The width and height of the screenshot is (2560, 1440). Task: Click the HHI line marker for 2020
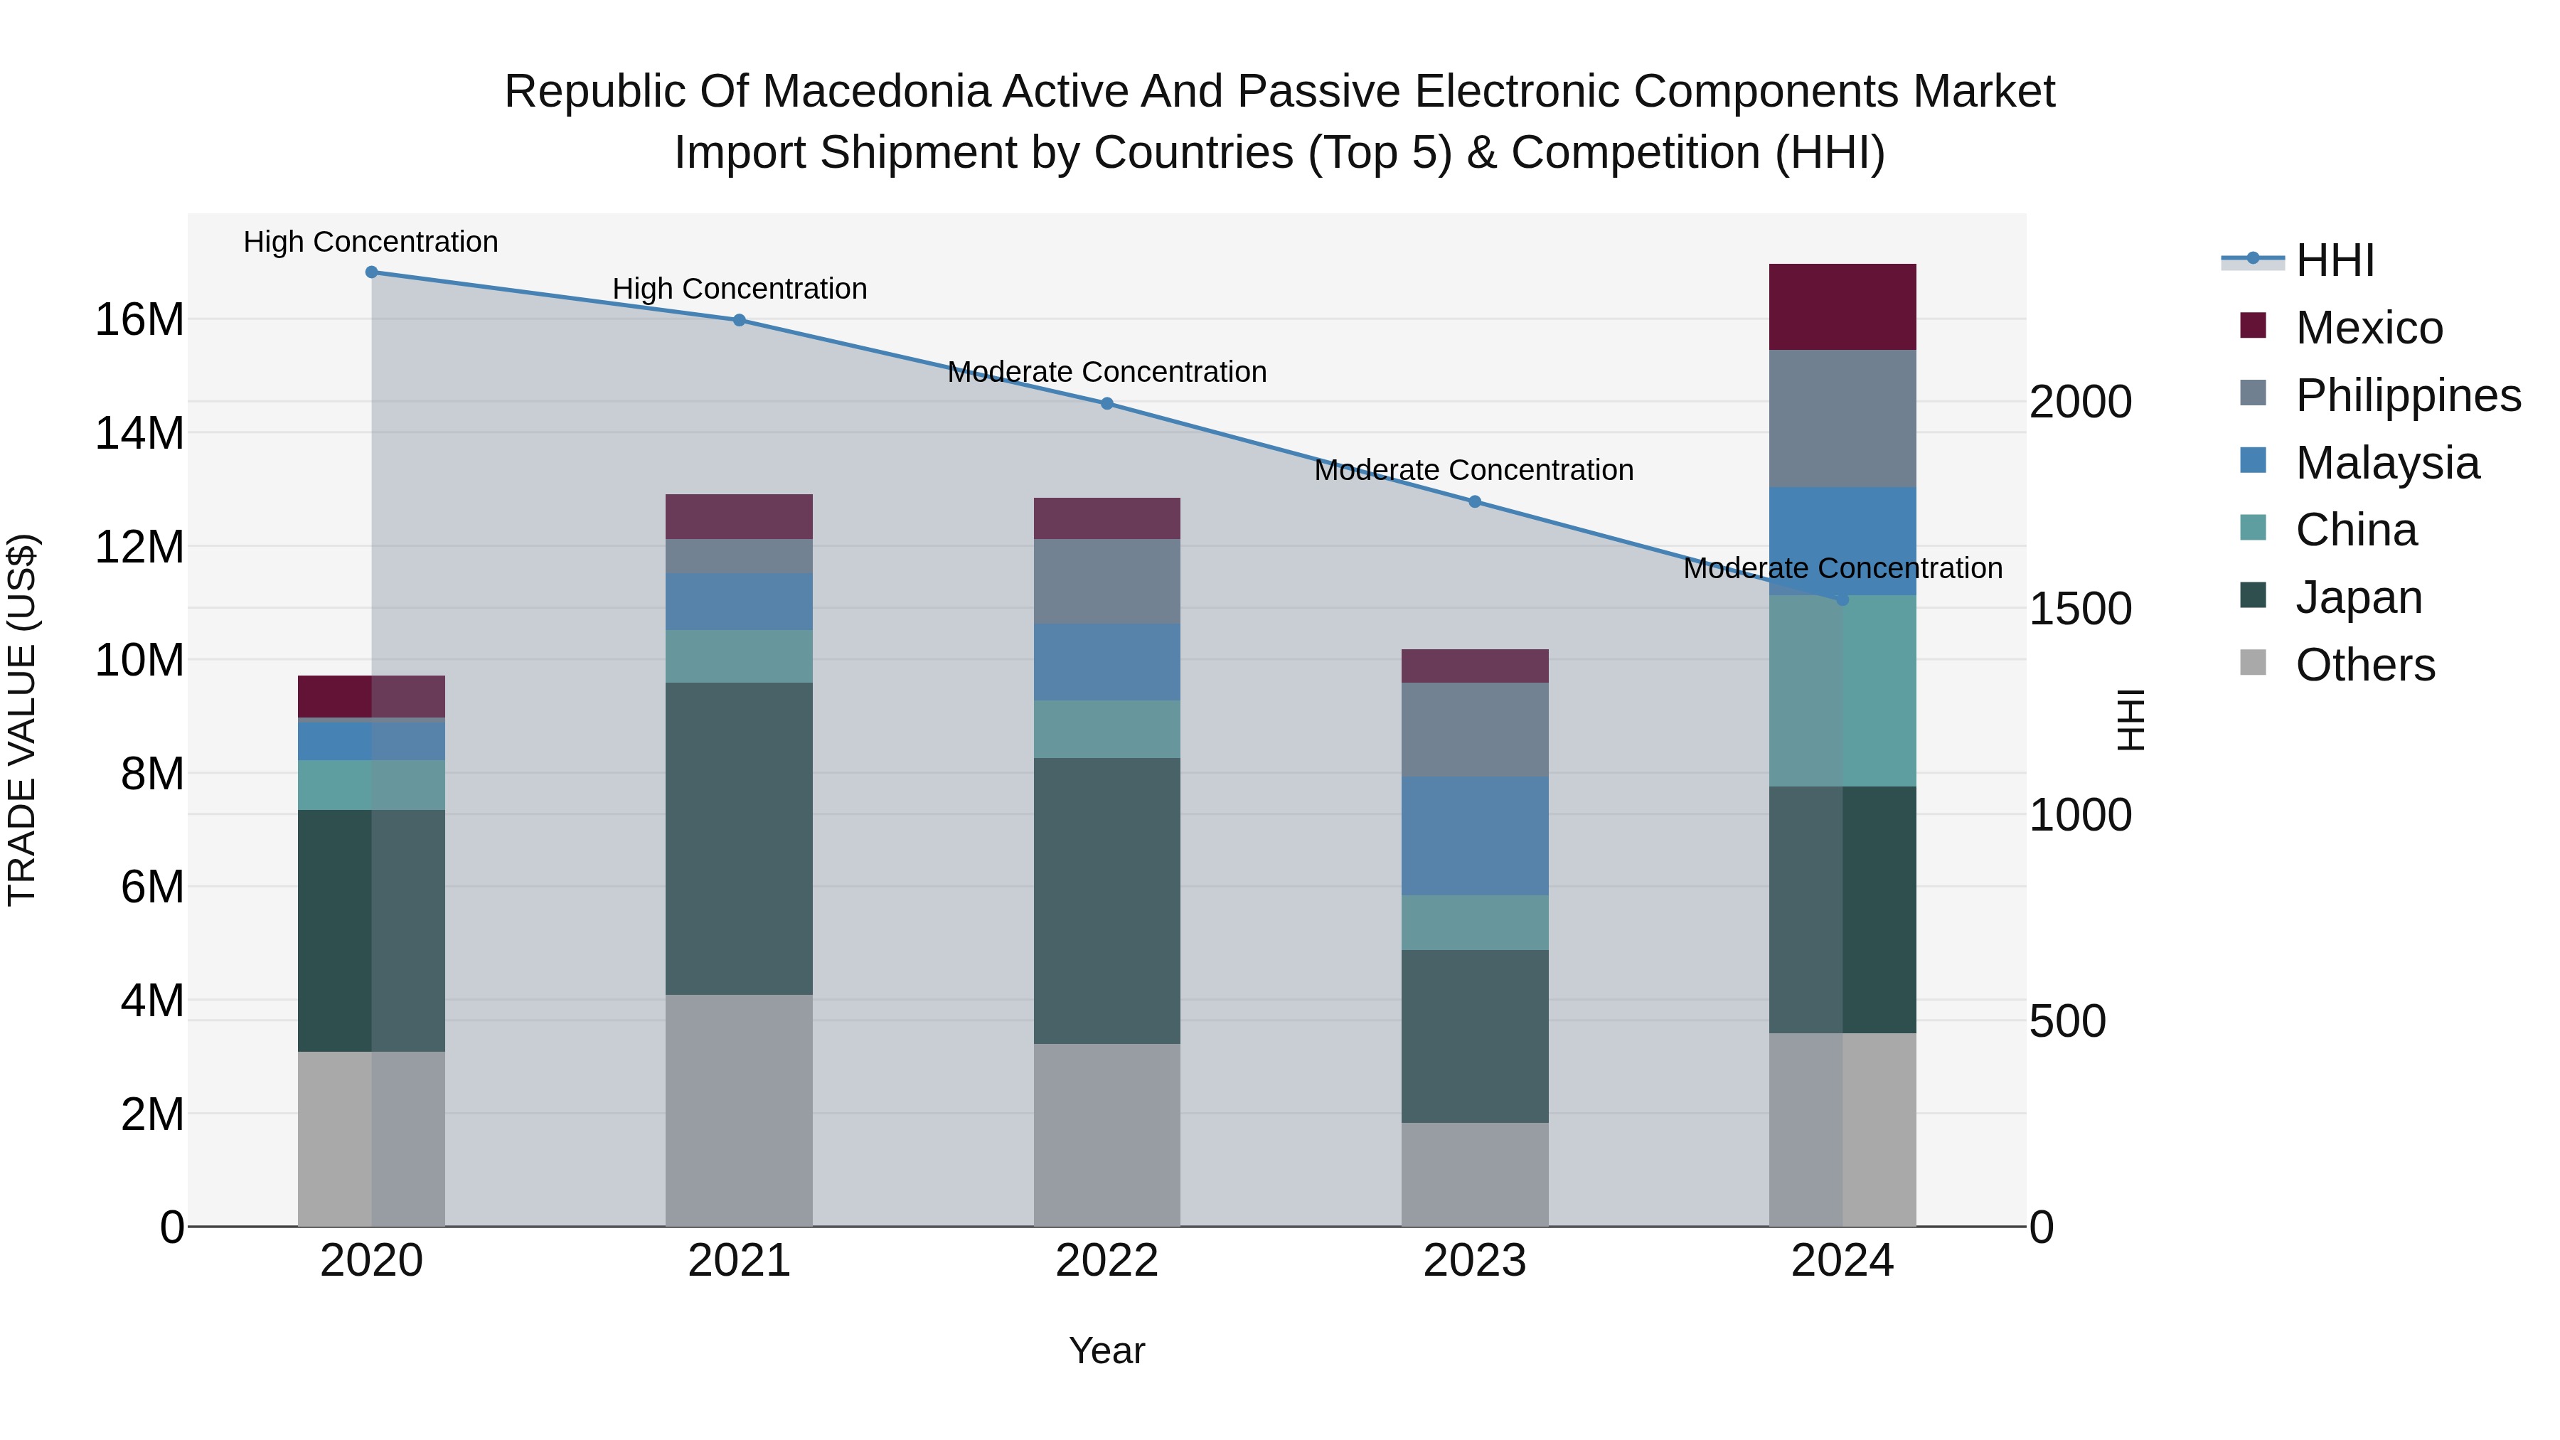click(372, 272)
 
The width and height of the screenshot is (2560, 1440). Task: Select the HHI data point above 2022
click(1107, 403)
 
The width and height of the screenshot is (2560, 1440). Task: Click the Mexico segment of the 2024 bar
click(1842, 307)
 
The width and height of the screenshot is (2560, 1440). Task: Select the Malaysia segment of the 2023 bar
click(1475, 836)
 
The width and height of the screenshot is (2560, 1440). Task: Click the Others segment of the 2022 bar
click(1107, 1135)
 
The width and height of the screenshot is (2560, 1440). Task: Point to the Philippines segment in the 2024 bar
click(1842, 418)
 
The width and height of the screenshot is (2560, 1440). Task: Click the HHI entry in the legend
click(2335, 260)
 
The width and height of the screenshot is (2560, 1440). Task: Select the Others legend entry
click(2364, 665)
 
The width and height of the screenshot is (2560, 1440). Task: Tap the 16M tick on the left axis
click(139, 320)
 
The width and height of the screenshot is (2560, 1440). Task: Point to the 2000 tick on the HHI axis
click(2079, 402)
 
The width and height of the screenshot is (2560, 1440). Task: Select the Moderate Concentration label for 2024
click(1842, 568)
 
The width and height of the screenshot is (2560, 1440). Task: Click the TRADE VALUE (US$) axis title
click(22, 720)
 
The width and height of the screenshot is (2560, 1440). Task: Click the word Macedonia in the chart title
click(877, 92)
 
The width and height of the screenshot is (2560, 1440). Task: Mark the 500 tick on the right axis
click(2067, 1022)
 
